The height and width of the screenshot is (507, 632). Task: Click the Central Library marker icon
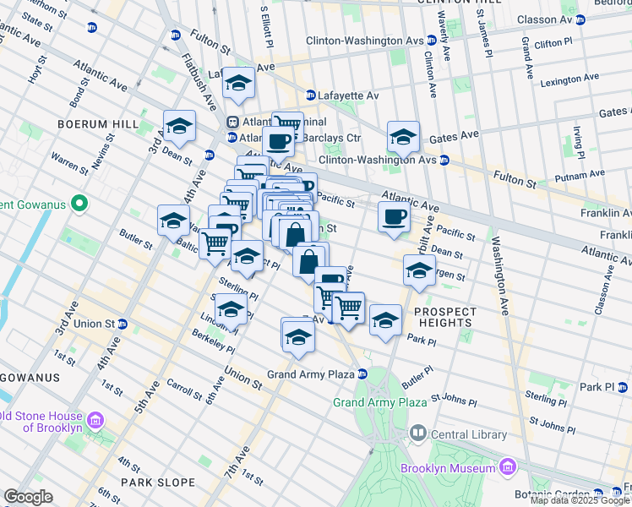(x=417, y=434)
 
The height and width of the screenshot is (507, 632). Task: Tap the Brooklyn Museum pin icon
(x=507, y=467)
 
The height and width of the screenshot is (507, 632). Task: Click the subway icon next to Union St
(x=123, y=324)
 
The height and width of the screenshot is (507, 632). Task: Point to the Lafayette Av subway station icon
(x=311, y=96)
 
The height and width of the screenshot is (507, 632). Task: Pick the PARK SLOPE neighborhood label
(x=158, y=482)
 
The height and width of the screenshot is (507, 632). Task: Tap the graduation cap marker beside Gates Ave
(x=404, y=135)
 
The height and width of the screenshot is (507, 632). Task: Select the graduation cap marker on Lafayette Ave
(x=238, y=82)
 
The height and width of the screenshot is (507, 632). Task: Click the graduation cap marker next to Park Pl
(x=385, y=319)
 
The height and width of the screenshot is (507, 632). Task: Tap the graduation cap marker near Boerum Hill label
(x=179, y=125)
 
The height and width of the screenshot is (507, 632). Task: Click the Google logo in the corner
(x=28, y=497)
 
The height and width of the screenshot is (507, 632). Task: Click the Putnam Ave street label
(x=580, y=175)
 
